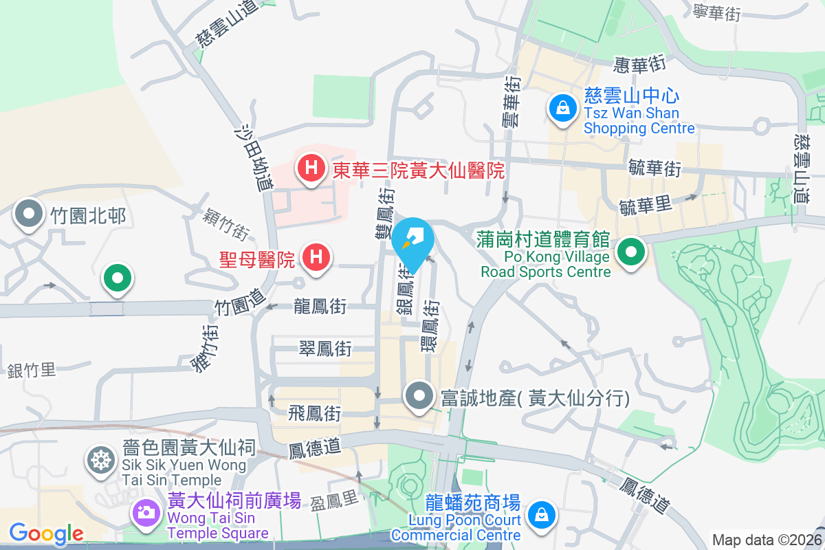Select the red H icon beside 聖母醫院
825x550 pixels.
[316, 258]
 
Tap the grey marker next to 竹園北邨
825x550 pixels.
[28, 215]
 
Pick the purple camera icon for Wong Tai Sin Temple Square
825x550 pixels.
[145, 512]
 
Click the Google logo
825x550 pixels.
[46, 533]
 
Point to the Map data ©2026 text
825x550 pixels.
[767, 540]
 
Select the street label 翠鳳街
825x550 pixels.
[325, 349]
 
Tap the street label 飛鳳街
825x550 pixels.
[314, 414]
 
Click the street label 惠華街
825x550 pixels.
[640, 65]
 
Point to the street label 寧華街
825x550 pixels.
[716, 12]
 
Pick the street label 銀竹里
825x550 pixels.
[32, 371]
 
